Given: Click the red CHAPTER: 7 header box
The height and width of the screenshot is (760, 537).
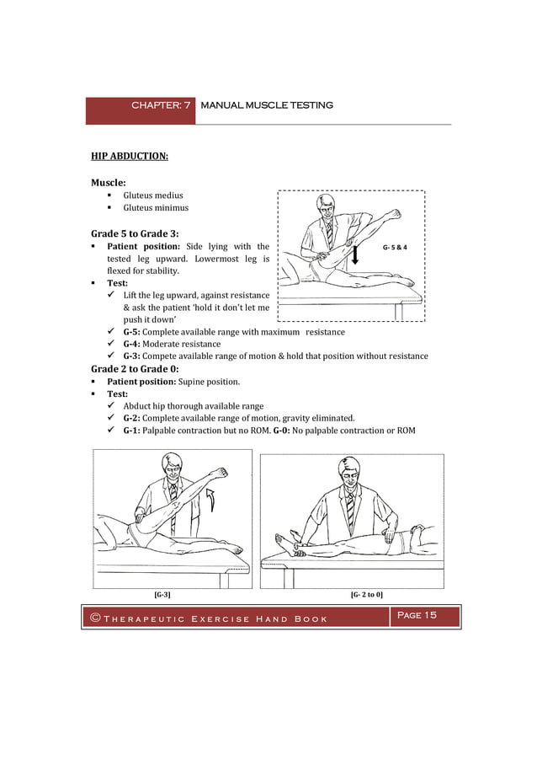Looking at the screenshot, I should [x=141, y=106].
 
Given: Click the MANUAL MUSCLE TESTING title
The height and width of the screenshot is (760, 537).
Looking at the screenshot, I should [x=267, y=105].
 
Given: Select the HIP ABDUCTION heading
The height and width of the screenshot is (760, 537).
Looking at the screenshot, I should [x=130, y=156].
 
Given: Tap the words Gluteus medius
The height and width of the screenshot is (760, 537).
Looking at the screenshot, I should [x=153, y=195].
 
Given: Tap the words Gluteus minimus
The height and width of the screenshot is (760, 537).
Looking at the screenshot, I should [x=156, y=208].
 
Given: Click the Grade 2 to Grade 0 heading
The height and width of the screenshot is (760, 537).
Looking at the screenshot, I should [x=134, y=369].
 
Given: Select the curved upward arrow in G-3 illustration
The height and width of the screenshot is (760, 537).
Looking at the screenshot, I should [x=212, y=500].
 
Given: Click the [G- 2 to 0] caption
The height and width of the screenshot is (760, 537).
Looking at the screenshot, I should [x=366, y=595].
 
